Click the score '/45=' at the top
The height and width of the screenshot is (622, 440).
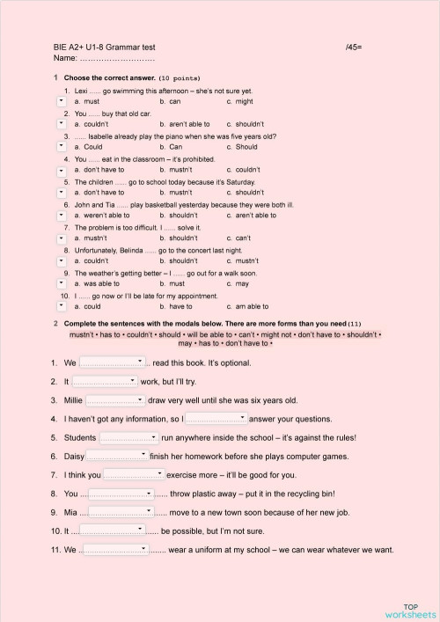click(355, 46)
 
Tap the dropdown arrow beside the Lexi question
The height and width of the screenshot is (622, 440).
click(59, 102)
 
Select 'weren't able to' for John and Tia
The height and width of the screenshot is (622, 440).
click(101, 215)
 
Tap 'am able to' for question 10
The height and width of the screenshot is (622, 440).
click(251, 306)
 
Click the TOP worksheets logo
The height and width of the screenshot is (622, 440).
click(410, 611)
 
